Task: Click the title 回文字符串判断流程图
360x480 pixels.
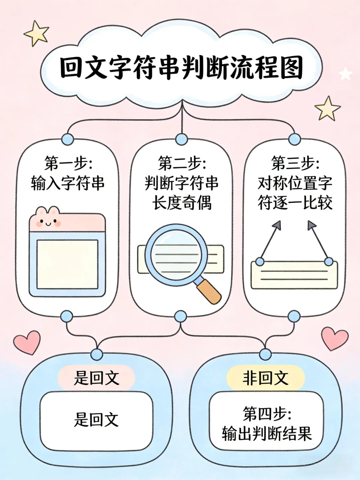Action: click(x=182, y=68)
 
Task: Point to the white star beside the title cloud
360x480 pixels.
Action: click(x=345, y=74)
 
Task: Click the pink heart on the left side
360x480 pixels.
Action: click(x=27, y=342)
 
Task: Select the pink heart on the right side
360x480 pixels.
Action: click(x=335, y=338)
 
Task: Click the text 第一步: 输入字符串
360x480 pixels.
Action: click(x=68, y=173)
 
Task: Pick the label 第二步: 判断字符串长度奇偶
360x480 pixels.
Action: click(x=182, y=183)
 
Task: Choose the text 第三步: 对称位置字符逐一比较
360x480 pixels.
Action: click(x=295, y=183)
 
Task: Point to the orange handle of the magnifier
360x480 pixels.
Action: click(x=209, y=291)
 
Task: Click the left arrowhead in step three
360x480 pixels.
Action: click(x=277, y=226)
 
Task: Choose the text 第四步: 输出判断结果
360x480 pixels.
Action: click(x=267, y=424)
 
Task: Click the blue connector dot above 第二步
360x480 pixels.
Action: click(x=181, y=139)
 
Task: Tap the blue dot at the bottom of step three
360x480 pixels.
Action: click(x=294, y=316)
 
